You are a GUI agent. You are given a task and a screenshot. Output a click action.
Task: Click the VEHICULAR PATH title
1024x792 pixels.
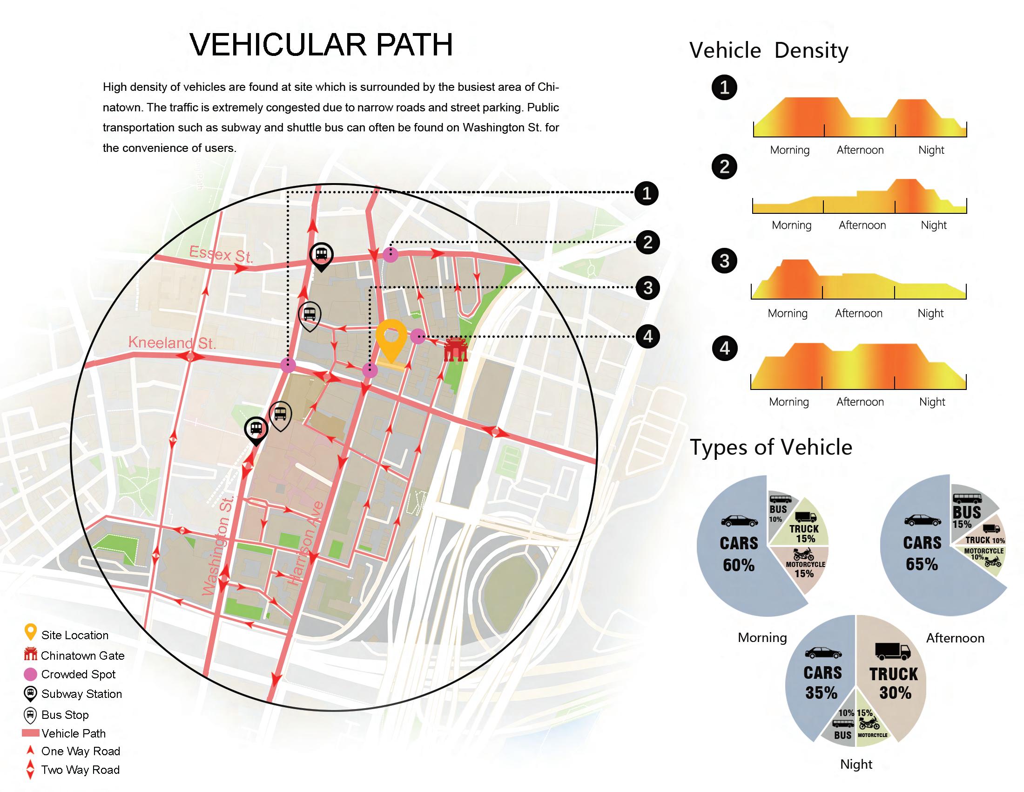(321, 45)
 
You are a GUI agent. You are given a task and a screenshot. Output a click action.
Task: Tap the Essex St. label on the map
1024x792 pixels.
(221, 255)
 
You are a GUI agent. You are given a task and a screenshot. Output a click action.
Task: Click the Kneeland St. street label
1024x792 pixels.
(172, 343)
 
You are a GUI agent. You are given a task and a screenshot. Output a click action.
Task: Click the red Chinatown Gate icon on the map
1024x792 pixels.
(456, 349)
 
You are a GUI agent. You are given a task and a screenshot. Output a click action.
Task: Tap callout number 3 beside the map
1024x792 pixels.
(648, 287)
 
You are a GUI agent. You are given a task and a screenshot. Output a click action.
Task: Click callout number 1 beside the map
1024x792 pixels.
(647, 193)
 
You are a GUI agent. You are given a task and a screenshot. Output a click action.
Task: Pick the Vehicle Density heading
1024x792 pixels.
(768, 50)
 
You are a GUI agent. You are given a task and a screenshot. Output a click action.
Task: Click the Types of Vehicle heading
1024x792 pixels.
(771, 447)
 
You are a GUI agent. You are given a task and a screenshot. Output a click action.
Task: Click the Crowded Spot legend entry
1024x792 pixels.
(78, 675)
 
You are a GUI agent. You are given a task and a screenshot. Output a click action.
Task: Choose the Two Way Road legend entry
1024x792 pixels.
(80, 770)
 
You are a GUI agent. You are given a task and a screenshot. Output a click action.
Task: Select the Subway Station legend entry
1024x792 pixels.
(81, 694)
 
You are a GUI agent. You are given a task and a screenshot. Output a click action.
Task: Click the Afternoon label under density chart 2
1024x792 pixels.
(862, 225)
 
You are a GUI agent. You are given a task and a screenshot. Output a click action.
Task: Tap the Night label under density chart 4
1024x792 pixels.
(932, 402)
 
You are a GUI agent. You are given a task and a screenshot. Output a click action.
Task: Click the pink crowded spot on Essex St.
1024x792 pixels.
(391, 255)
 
